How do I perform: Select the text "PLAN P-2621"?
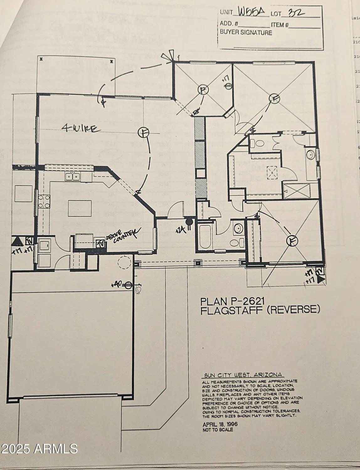(x=233, y=301)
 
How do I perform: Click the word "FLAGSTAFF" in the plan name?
(x=230, y=310)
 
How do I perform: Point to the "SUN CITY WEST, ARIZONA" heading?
(x=242, y=375)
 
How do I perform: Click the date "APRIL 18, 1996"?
(x=220, y=424)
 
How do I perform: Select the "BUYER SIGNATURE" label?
(x=246, y=33)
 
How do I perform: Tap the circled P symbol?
(x=203, y=90)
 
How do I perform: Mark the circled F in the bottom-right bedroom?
(x=292, y=241)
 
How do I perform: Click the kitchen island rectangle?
(x=80, y=209)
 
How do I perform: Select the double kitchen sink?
(x=73, y=177)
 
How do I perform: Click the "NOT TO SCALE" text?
(x=218, y=430)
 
